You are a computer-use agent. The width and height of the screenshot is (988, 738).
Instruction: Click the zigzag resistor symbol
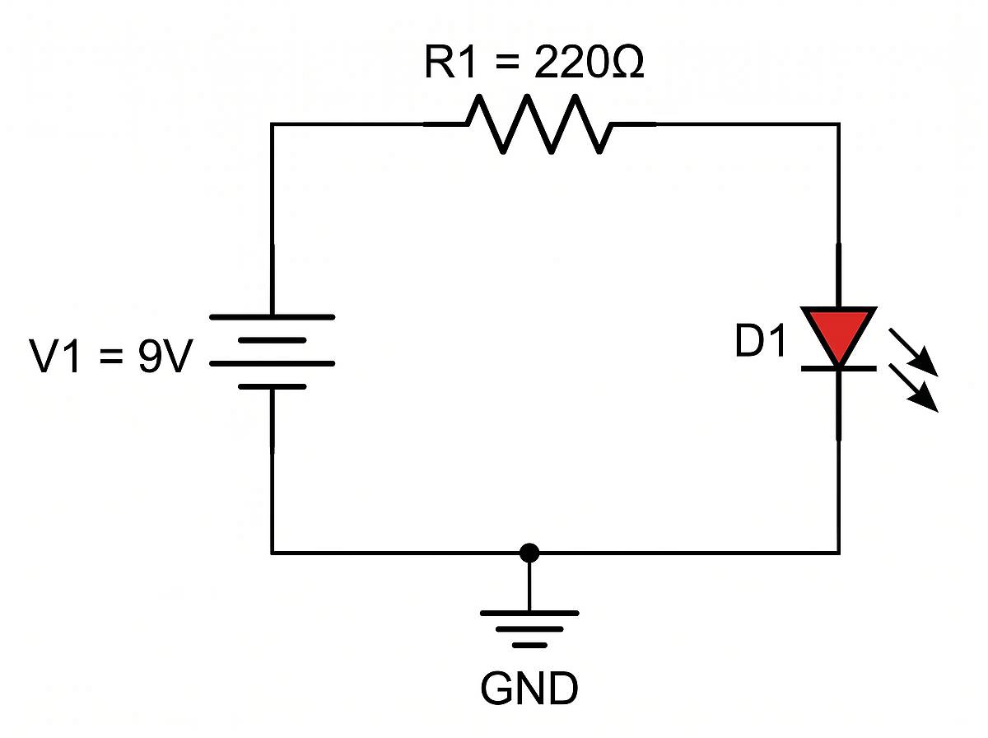coord(539,124)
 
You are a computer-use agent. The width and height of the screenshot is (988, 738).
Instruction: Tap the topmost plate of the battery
coord(273,316)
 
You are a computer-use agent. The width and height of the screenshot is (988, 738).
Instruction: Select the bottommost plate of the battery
coord(273,385)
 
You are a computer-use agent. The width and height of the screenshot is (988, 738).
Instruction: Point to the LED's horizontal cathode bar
coord(839,368)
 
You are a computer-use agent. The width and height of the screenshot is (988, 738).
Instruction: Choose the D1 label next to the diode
coord(761,344)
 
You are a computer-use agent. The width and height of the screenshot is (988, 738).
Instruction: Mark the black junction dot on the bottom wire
coord(529,553)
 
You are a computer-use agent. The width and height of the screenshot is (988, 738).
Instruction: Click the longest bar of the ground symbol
coord(529,614)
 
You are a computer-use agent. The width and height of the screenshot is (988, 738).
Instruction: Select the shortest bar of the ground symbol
coord(529,645)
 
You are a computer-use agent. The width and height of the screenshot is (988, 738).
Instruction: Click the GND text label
coord(529,689)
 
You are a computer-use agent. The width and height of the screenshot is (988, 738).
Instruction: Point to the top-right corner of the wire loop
coord(838,124)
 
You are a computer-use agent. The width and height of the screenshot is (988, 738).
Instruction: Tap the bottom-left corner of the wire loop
coord(273,552)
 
